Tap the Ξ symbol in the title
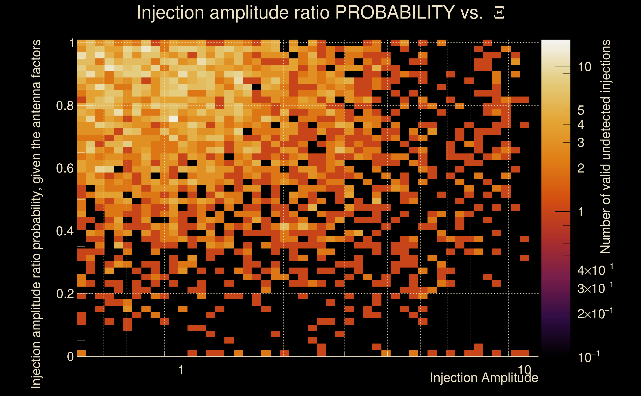pyautogui.click(x=499, y=13)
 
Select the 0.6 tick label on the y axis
pyautogui.click(x=65, y=168)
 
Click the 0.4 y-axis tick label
pyautogui.click(x=65, y=231)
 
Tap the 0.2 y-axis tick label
pyautogui.click(x=65, y=294)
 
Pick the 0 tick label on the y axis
pyautogui.click(x=70, y=356)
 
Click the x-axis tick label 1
pyautogui.click(x=181, y=370)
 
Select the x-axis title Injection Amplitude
pyautogui.click(x=484, y=378)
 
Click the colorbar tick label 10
pyautogui.click(x=584, y=67)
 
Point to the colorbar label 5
pyautogui.click(x=581, y=111)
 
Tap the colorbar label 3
pyautogui.click(x=581, y=143)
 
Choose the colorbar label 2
pyautogui.click(x=581, y=168)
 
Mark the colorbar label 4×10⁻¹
pyautogui.click(x=595, y=270)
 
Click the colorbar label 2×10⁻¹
pyautogui.click(x=595, y=314)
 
